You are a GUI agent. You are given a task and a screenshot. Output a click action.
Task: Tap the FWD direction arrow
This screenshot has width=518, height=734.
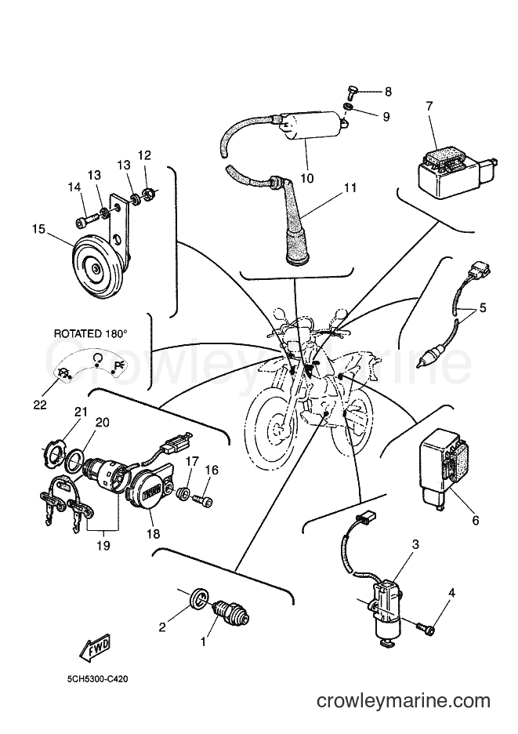96,649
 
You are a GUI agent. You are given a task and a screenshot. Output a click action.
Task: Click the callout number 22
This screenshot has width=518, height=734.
40,405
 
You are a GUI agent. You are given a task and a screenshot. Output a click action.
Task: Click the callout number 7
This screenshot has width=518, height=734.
429,106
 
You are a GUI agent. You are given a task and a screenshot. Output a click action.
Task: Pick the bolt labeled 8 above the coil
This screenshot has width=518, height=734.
353,93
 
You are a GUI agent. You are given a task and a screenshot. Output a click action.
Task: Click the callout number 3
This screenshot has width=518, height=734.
415,544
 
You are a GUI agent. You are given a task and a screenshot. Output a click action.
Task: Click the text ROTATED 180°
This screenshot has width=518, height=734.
91,334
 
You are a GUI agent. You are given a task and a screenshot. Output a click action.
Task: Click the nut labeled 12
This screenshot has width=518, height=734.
149,192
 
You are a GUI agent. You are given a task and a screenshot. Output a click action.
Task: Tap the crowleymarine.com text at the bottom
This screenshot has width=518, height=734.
404,700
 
